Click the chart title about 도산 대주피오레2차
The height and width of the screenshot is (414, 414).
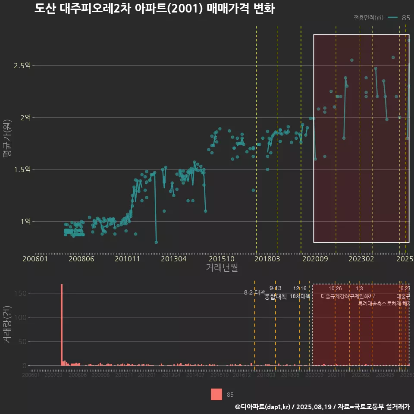tap(154, 9)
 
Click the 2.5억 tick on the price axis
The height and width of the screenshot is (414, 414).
tap(22, 66)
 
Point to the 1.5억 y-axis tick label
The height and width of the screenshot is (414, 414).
tap(22, 169)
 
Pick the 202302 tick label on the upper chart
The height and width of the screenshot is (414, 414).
tap(361, 259)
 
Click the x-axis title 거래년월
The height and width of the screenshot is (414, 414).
tap(222, 267)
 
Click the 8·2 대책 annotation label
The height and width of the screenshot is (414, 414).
tap(254, 292)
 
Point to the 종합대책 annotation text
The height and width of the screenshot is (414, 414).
tap(276, 297)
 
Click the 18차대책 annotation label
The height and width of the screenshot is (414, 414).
tap(300, 296)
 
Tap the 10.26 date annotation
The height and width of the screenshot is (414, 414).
tap(335, 289)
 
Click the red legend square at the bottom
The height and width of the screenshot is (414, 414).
tap(216, 394)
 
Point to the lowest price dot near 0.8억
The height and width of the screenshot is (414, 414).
tap(156, 242)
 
